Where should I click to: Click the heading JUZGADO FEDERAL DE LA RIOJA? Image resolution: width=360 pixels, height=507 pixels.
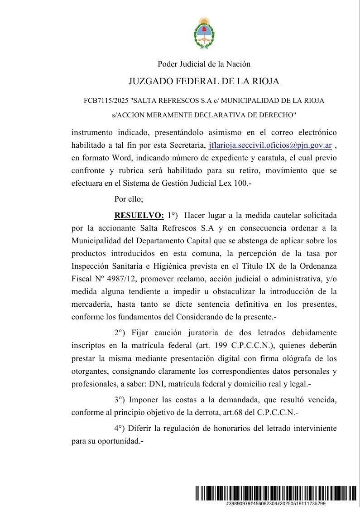tap(204, 82)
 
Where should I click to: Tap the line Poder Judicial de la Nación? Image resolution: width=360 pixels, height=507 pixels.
tap(204, 64)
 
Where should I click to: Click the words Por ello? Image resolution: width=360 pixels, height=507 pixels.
tap(129, 198)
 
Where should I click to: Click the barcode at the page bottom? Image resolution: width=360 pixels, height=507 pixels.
tap(276, 492)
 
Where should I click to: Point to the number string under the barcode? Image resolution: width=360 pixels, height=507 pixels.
tap(276, 504)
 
